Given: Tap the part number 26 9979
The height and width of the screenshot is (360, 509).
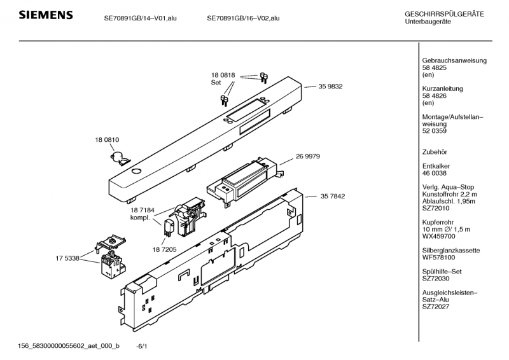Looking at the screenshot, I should (x=307, y=156).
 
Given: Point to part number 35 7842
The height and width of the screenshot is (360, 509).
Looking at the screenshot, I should (x=332, y=197).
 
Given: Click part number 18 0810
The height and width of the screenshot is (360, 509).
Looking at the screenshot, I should (x=108, y=139).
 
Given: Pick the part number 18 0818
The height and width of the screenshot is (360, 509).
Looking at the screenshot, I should (x=223, y=75).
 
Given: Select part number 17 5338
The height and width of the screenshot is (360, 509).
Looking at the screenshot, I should (x=67, y=258).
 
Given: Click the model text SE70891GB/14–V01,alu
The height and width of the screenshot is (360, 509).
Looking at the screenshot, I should (x=141, y=18).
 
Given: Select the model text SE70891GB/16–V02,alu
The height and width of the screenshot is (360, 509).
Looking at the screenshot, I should (x=243, y=18).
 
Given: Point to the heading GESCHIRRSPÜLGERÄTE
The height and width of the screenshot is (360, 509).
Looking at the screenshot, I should (x=443, y=14).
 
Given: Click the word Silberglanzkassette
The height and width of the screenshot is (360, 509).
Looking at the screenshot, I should (x=450, y=251).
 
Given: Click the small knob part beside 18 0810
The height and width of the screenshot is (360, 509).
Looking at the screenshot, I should (x=119, y=153).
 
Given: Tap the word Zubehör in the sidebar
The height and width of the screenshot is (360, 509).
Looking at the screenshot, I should (x=436, y=151).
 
